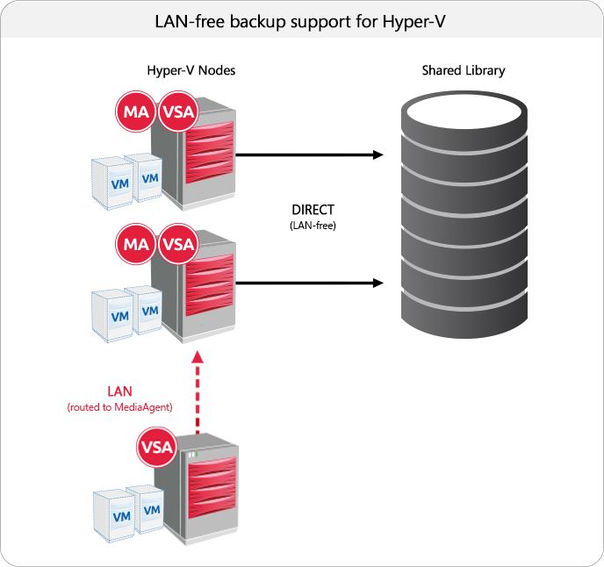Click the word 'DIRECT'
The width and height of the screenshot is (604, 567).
pos(313,211)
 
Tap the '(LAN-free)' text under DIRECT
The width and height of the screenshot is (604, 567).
pos(313,226)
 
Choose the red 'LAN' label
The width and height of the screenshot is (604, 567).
pos(119,391)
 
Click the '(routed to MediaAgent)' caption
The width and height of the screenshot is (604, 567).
pos(119,408)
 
